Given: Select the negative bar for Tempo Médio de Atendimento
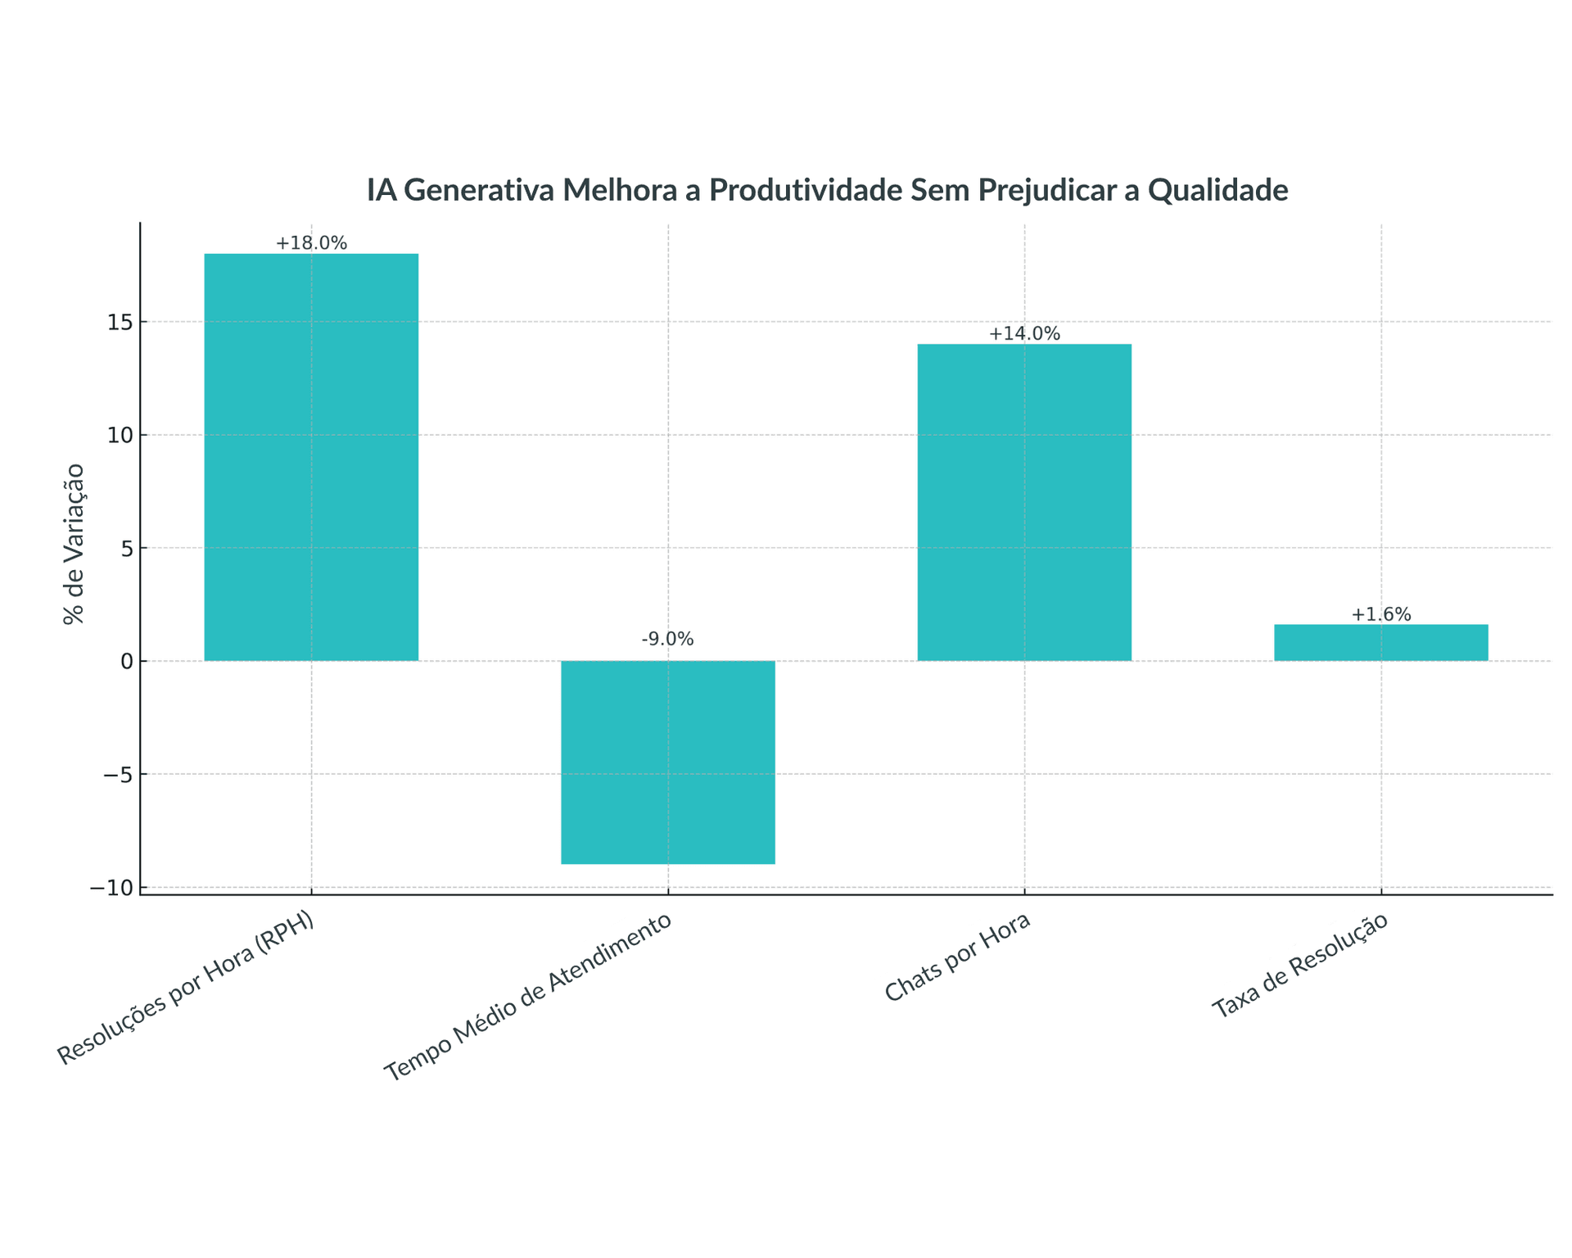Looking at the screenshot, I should point(667,762).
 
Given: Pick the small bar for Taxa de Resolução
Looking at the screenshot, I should point(1380,643).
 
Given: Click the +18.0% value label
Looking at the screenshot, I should point(311,243).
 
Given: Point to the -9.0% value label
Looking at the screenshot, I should point(667,639).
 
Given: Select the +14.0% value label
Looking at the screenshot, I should point(1023,333).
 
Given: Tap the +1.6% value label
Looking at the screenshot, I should point(1380,614).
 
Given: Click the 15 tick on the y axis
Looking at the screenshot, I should point(120,322).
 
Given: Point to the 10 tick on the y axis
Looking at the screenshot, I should point(120,435).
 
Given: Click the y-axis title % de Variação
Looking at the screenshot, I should point(74,544).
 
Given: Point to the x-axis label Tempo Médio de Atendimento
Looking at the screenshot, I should point(528,997).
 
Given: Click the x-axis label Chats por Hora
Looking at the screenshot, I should point(957,957).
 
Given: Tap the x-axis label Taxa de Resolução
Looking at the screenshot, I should point(1299,965).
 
